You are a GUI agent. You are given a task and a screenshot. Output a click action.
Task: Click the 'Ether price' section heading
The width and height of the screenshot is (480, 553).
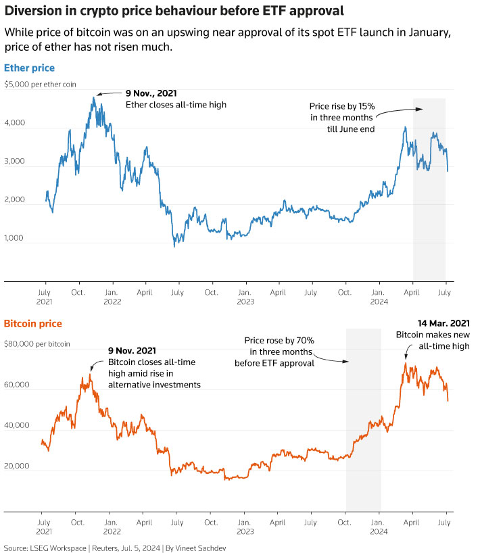29,68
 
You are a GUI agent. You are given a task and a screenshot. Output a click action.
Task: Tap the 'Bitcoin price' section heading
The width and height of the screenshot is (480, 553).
33,324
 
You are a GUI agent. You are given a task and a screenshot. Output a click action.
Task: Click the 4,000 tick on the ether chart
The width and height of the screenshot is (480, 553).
14,123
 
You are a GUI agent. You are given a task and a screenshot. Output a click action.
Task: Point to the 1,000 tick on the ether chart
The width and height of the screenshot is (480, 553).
14,238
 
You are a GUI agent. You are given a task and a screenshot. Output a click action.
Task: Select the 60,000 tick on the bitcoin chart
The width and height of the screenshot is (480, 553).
16,385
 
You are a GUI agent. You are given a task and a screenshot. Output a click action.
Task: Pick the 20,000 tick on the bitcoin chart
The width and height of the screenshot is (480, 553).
16,466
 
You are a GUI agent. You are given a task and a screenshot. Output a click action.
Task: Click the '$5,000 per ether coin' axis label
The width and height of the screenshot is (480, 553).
40,85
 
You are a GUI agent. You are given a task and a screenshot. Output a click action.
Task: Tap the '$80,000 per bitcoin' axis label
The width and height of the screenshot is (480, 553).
37,344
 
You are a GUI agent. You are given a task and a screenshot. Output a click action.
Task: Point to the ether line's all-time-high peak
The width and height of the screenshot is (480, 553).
94,98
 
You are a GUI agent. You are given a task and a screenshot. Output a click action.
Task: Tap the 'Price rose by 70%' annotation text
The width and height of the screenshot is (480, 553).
278,341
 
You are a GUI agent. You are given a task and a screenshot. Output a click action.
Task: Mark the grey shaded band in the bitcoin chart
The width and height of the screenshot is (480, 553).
363,419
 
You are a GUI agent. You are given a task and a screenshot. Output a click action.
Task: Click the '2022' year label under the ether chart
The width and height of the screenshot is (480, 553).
112,303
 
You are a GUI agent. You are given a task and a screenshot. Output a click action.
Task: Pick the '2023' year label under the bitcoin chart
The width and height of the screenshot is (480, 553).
245,532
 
